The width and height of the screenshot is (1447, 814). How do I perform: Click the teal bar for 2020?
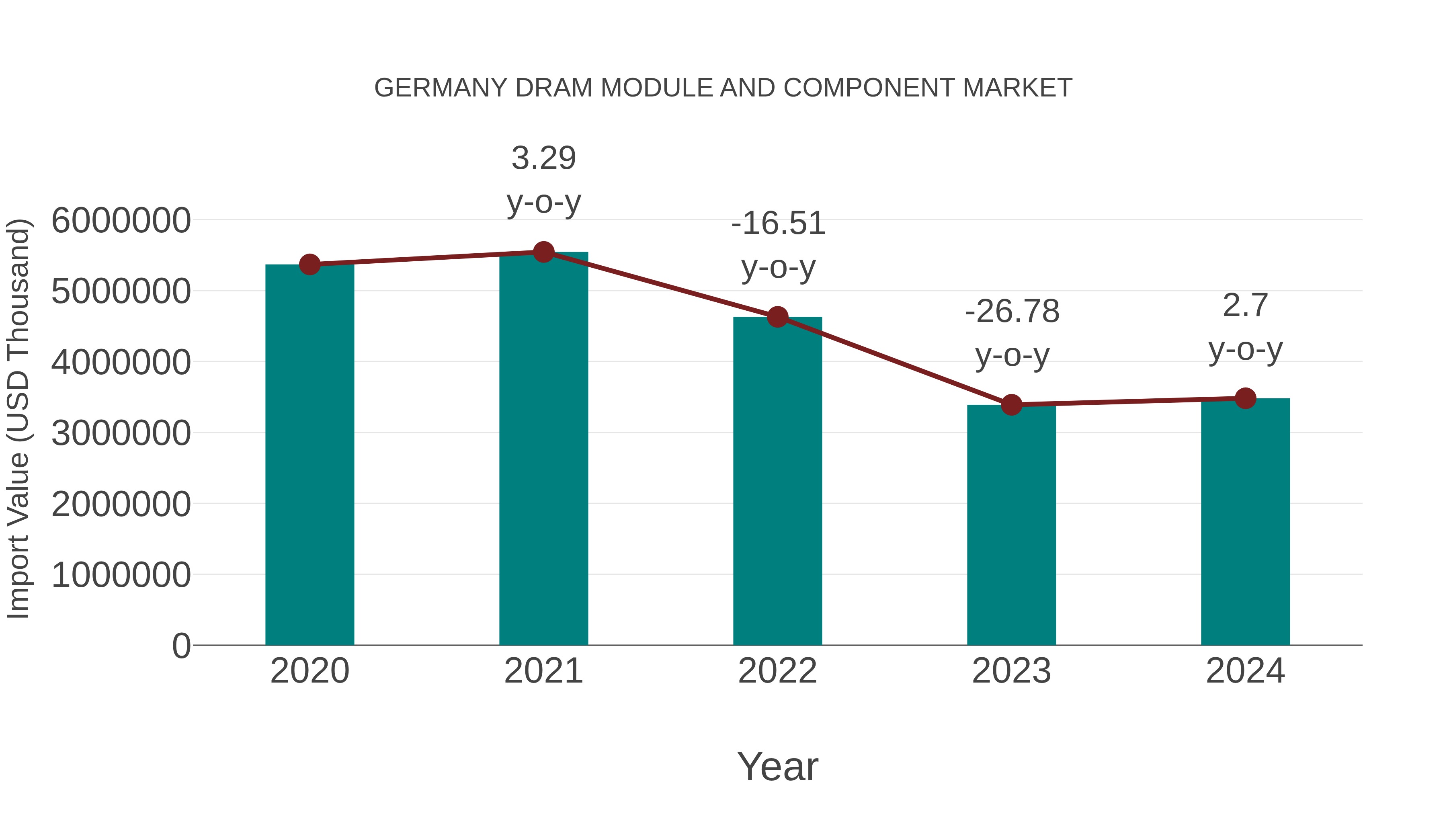(309, 455)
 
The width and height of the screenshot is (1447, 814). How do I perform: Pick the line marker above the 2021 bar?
(543, 252)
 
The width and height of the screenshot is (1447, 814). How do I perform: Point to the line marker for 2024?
(1245, 398)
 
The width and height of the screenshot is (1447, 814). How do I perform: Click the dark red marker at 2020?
(309, 264)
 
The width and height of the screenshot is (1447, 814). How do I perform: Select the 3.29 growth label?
(543, 158)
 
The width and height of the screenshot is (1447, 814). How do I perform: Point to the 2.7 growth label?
(1245, 306)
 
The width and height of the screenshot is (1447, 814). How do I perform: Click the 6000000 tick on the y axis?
(121, 220)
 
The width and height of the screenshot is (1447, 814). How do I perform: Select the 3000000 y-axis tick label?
(121, 433)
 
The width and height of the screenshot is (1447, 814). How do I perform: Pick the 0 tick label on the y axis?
(181, 646)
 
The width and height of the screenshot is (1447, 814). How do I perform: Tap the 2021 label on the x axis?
(543, 671)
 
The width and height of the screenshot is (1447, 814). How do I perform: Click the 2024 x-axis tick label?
(1245, 671)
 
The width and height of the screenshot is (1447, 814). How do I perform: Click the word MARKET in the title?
(1017, 88)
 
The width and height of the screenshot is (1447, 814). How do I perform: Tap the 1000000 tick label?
(121, 575)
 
